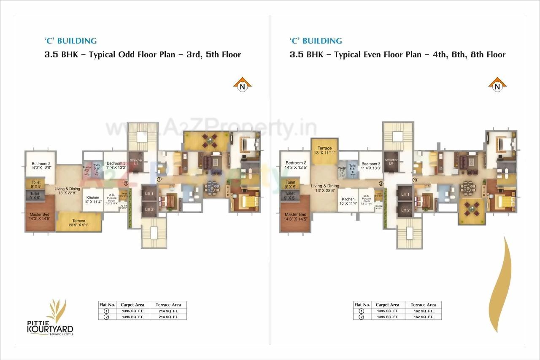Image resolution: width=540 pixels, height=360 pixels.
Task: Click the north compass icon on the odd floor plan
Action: click(x=242, y=85)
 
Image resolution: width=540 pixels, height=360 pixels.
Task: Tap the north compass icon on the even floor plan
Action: click(x=497, y=85)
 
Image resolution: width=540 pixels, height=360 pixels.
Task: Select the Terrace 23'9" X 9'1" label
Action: click(x=78, y=223)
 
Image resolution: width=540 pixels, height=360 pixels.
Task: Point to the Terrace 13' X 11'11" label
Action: click(x=324, y=151)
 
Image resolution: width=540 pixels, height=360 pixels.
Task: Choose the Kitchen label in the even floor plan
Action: click(x=348, y=201)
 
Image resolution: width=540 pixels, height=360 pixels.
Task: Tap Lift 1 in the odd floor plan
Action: click(x=149, y=193)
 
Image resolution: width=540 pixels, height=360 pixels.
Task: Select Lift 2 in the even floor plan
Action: click(x=405, y=210)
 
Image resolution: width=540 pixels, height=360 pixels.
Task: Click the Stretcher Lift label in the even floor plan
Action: click(x=391, y=162)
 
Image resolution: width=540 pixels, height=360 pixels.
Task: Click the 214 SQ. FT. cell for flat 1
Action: click(x=168, y=311)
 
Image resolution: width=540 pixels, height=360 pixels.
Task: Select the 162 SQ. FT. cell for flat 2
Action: click(x=423, y=317)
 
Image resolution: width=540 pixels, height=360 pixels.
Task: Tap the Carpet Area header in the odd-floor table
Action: click(x=132, y=305)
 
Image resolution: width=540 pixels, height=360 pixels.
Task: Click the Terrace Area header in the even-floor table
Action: click(x=423, y=305)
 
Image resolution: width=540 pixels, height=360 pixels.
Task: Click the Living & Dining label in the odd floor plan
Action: click(x=67, y=191)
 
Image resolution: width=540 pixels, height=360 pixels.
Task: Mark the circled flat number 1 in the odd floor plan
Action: click(x=159, y=179)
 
